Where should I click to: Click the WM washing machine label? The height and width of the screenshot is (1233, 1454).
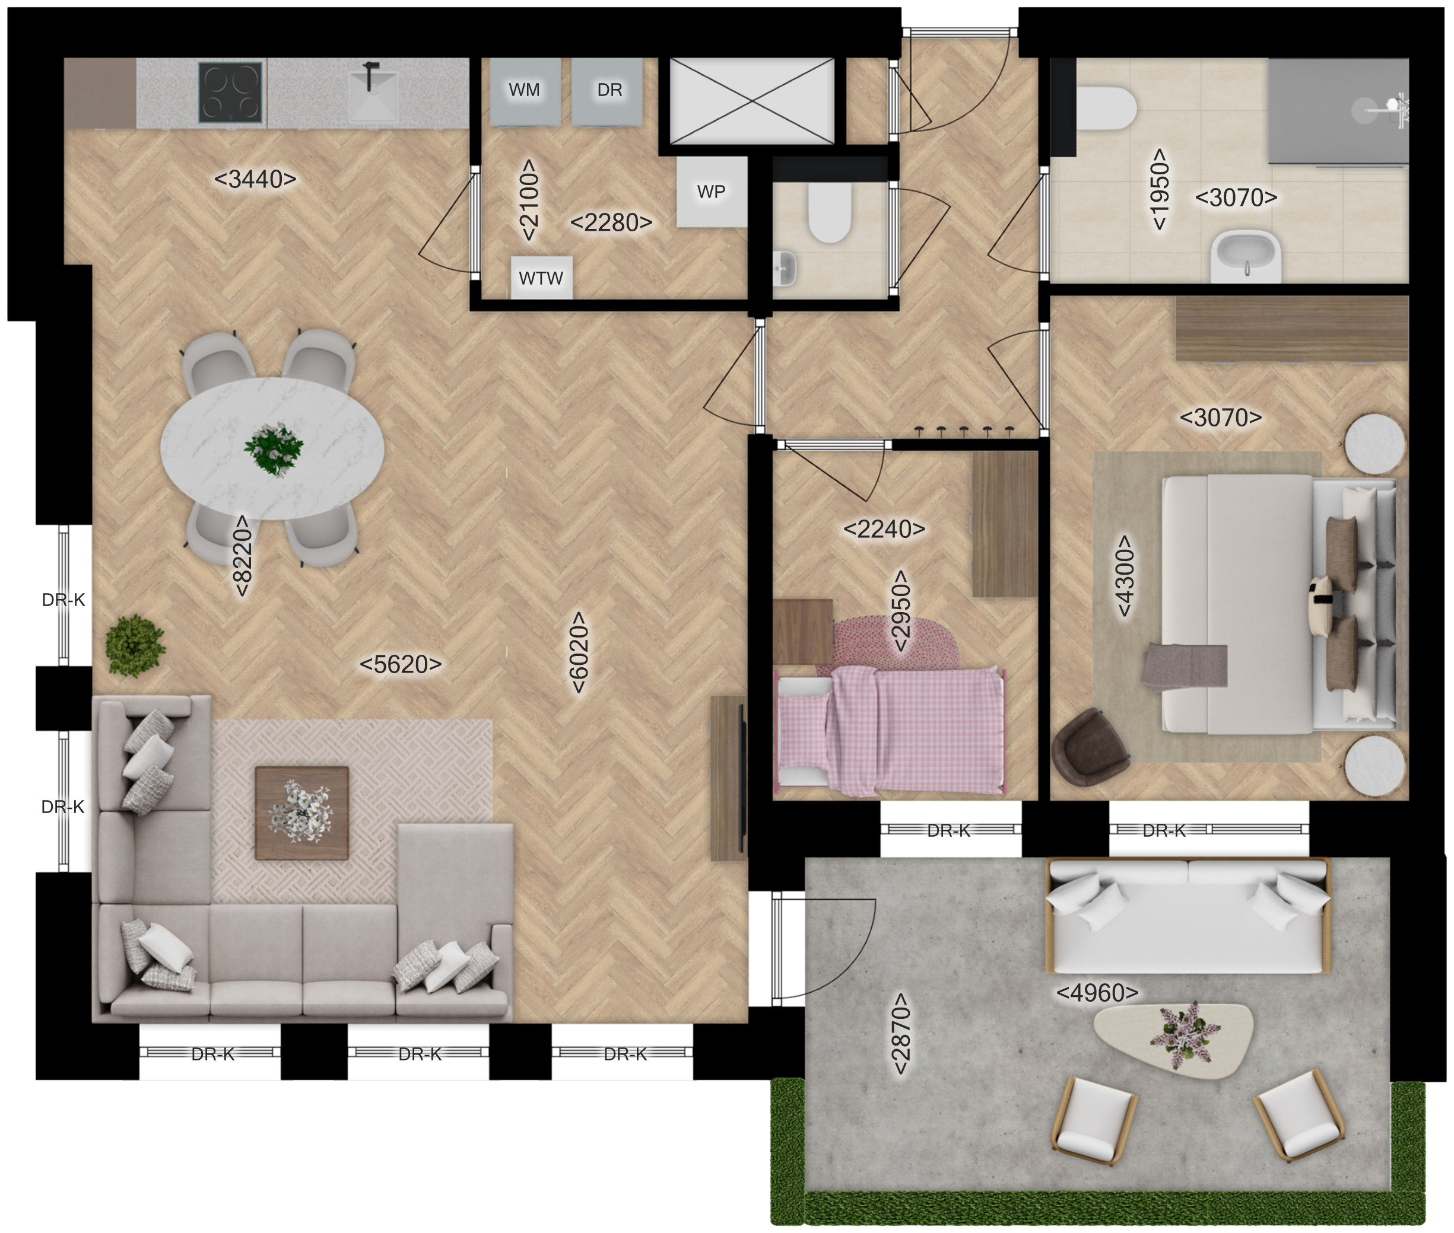tap(525, 90)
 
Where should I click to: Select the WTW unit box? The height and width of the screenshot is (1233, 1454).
tap(541, 278)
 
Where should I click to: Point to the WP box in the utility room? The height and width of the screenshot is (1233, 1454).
tap(711, 192)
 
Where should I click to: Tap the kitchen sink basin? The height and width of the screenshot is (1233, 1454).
tap(373, 95)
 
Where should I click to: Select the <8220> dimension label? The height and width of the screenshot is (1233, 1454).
tap(242, 556)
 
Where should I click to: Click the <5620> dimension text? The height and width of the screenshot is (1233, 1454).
tap(401, 664)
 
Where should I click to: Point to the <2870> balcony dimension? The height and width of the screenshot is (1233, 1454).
tap(901, 1034)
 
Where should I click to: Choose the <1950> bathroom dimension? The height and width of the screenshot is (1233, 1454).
tap(1159, 189)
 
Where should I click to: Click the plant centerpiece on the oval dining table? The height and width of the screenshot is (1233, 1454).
tap(274, 449)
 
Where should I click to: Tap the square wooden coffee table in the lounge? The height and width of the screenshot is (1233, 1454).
tap(301, 813)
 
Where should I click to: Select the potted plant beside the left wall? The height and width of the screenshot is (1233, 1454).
tap(134, 646)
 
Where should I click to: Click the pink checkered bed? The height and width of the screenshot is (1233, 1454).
tap(890, 731)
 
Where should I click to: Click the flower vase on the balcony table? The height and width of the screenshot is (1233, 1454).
tap(1184, 1034)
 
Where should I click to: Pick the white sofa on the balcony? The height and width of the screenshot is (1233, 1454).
tap(1188, 916)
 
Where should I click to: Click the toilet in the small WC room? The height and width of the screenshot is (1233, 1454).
tap(830, 212)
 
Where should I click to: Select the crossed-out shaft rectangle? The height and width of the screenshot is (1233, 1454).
tap(752, 101)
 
